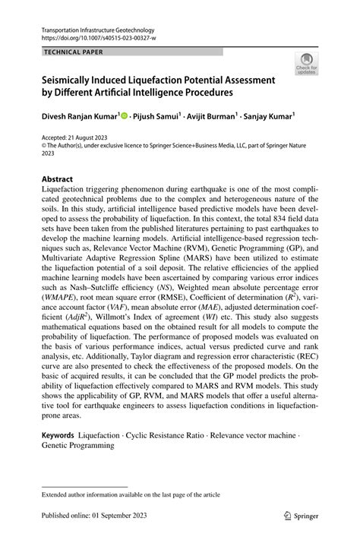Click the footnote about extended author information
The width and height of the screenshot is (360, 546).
tap(131, 494)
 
